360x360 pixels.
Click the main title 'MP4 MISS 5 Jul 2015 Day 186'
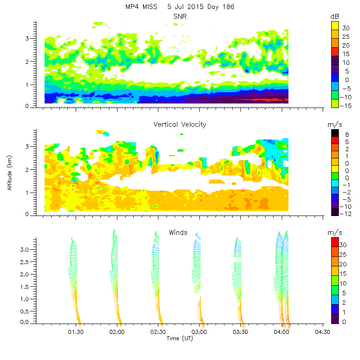click(x=180, y=7)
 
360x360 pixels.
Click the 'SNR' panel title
click(x=180, y=17)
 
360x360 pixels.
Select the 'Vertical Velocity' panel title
click(x=180, y=125)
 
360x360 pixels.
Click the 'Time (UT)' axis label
click(x=180, y=338)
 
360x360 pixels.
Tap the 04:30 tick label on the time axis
click(x=323, y=332)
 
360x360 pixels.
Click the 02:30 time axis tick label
click(x=158, y=332)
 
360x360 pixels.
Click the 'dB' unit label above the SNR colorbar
click(x=334, y=17)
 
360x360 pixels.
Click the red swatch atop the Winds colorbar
click(x=335, y=242)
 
